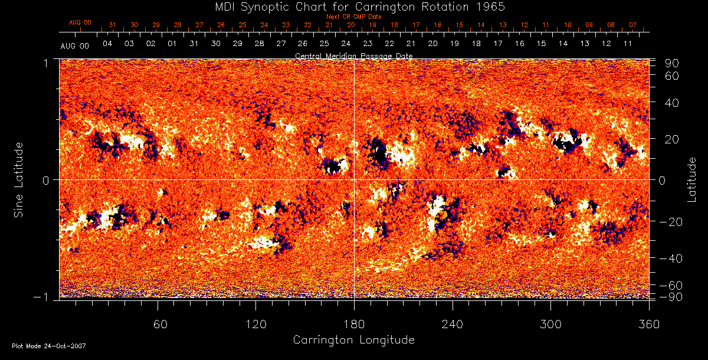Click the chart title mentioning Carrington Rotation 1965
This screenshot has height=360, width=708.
pos(353,6)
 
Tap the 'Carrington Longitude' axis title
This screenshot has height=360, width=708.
pos(353,340)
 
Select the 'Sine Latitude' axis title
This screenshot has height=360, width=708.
pos(19,179)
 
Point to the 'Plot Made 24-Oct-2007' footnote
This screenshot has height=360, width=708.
pos(49,346)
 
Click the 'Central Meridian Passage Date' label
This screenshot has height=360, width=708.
pos(353,55)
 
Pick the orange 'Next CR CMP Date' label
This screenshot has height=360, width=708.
pos(353,17)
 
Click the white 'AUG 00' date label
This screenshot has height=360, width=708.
pos(75,46)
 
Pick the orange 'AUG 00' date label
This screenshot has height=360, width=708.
pos(80,22)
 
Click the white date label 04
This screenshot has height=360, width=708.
pos(107,44)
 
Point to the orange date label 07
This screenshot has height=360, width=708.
pos(632,25)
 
